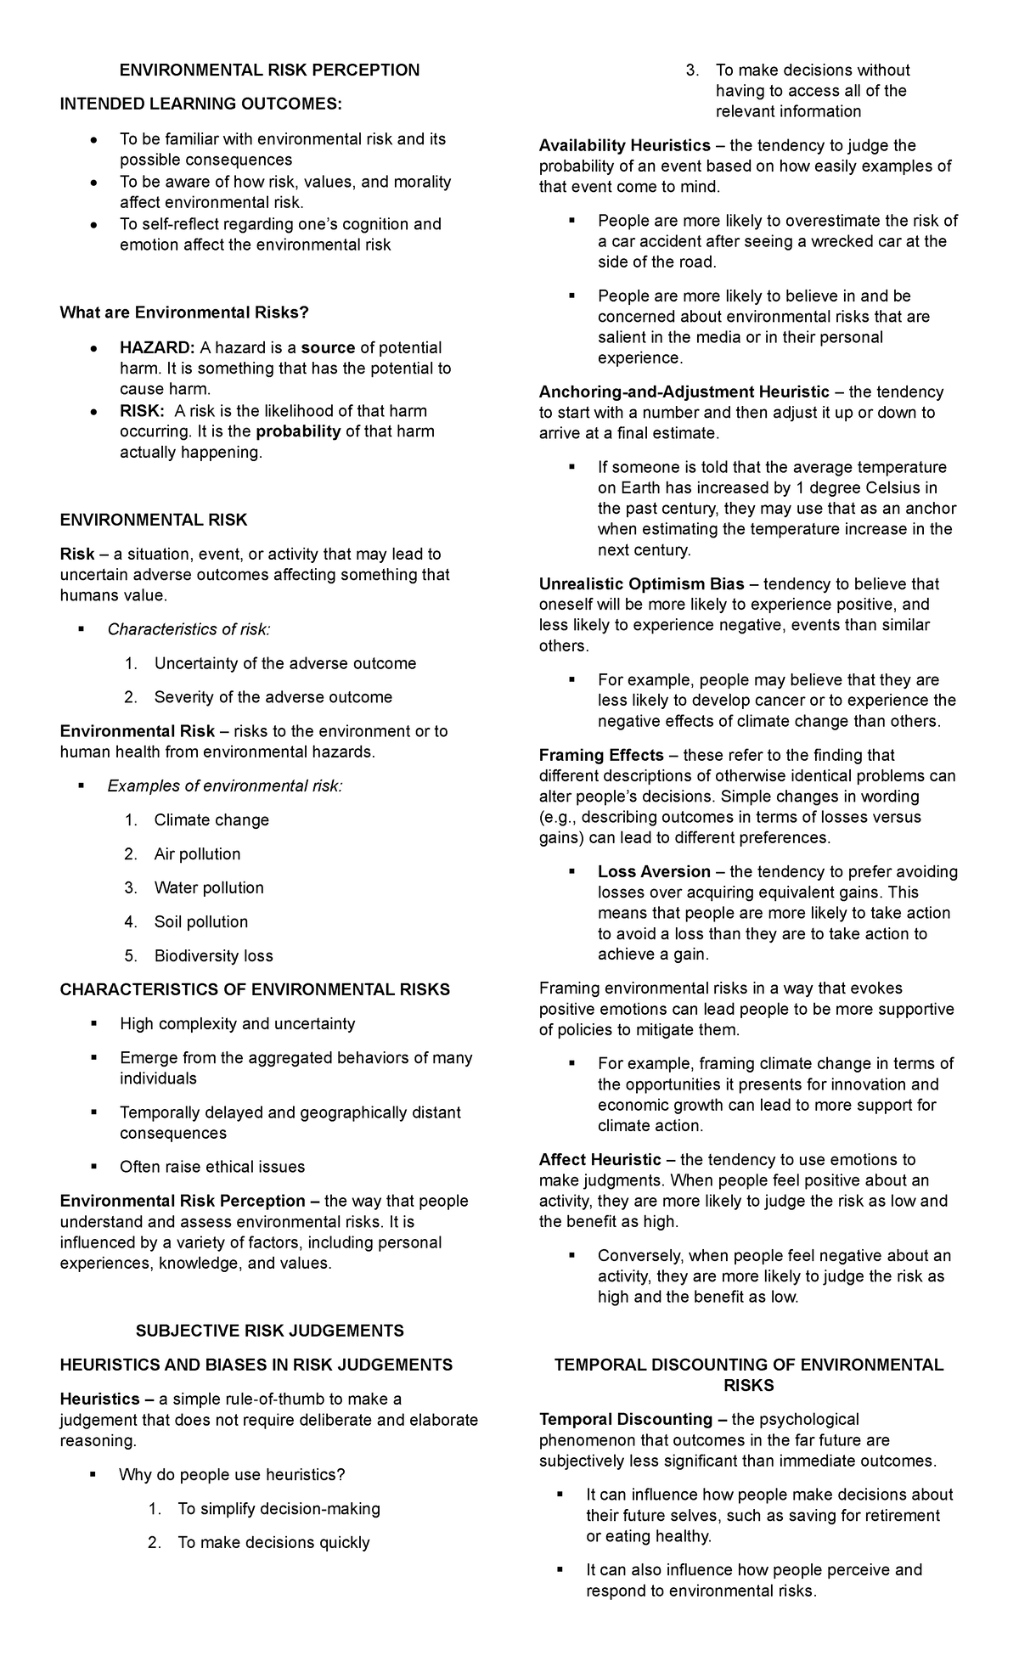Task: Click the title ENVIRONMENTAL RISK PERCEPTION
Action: point(269,70)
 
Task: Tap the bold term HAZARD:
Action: point(157,348)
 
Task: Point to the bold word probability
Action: point(298,431)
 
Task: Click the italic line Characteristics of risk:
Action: point(189,629)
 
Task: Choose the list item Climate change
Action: point(211,820)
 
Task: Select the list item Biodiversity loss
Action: point(213,956)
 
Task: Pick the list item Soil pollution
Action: point(201,922)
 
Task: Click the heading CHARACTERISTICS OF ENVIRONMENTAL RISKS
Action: point(255,990)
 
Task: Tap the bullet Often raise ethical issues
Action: point(212,1168)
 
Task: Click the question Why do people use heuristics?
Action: point(232,1475)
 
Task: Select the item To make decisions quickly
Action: point(273,1543)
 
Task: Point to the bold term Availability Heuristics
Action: point(625,146)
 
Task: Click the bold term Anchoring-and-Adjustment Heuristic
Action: point(684,392)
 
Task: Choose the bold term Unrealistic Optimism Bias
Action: point(642,584)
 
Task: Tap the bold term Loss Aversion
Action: point(654,872)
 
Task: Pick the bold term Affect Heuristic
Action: point(600,1160)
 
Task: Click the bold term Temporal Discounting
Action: point(626,1420)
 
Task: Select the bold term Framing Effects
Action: point(601,756)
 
